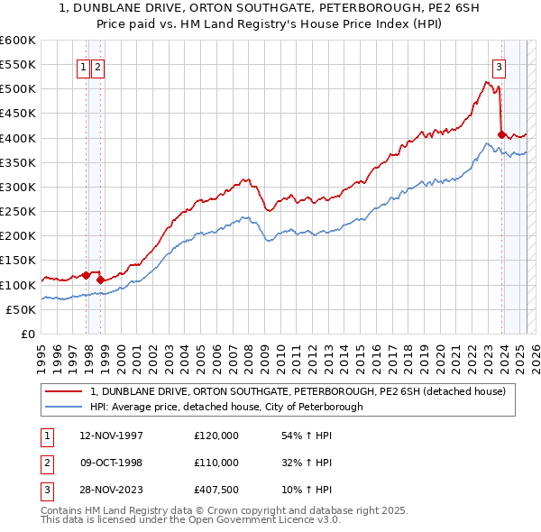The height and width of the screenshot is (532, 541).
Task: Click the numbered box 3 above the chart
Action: (x=499, y=65)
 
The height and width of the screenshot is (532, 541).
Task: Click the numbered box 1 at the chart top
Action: (x=83, y=65)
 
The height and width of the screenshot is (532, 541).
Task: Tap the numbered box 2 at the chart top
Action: (x=97, y=65)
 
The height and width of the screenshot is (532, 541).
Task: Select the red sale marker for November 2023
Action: (x=501, y=134)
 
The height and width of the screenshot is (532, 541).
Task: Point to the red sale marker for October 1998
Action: (x=100, y=280)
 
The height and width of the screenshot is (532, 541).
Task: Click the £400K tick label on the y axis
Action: (x=18, y=138)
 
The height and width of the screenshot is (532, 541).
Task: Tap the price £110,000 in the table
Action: (x=216, y=463)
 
